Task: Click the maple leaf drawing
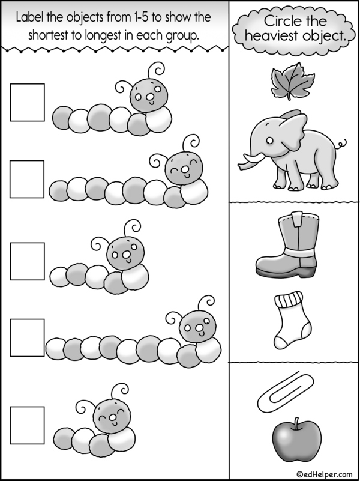coord(292,80)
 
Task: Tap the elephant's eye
coord(269,141)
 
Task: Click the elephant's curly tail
coord(341,144)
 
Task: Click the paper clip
coord(286,393)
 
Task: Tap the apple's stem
coord(296,423)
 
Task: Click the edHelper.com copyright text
coord(325,474)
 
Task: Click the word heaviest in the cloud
coord(268,36)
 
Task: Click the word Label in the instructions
coord(30,17)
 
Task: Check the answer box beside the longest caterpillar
coord(27,337)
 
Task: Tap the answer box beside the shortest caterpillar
coord(27,425)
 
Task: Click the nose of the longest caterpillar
coord(199,328)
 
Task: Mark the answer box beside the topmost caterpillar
coord(27,103)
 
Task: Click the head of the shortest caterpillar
coord(112,417)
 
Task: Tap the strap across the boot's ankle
coord(299,252)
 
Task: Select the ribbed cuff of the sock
coord(289,299)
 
